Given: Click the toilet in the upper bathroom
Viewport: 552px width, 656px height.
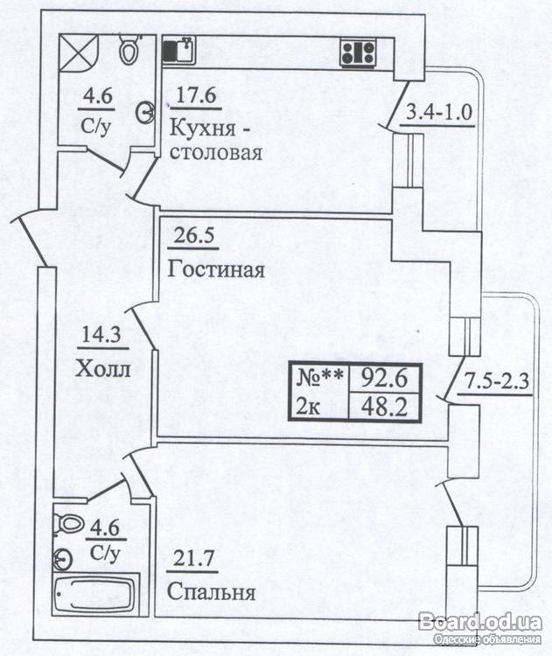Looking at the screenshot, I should (129, 50).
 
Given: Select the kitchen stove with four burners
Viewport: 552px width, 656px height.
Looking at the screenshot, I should (358, 51).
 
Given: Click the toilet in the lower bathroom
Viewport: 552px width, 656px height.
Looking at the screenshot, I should (67, 524).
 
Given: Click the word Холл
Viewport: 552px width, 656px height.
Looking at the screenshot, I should (103, 368).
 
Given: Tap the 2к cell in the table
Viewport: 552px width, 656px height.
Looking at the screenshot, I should (322, 406).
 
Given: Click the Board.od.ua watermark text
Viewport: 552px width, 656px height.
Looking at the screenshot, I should (480, 621).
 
